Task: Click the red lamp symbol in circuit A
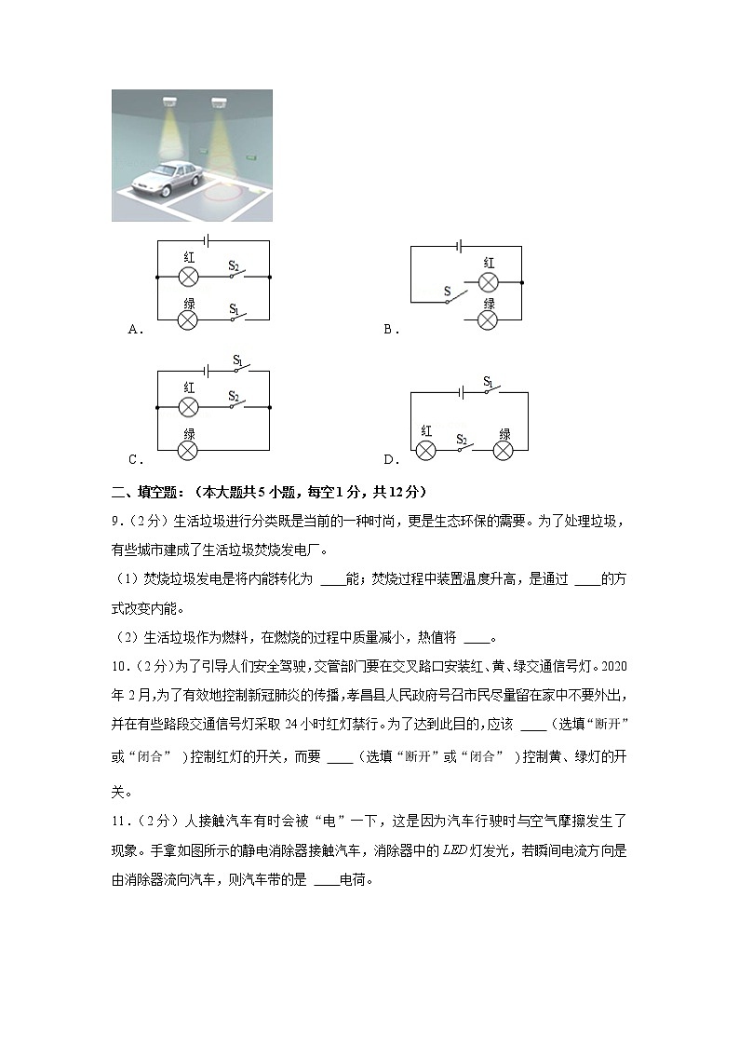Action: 189,278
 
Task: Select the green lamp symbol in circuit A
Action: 189,319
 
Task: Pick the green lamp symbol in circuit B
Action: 489,319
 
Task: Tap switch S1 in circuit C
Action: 240,369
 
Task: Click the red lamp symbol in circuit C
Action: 189,407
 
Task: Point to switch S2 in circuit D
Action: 463,449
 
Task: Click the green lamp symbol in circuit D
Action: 504,451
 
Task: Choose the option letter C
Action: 134,459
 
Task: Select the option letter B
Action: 390,329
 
